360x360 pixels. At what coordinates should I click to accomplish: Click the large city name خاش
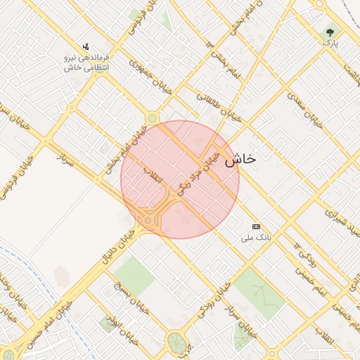click(x=240, y=160)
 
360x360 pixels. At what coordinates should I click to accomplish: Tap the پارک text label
click(x=330, y=44)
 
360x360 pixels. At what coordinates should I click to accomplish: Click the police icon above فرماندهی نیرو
click(x=86, y=46)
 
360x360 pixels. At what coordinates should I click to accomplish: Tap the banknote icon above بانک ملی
click(x=256, y=226)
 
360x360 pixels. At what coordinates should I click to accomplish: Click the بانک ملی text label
click(x=256, y=238)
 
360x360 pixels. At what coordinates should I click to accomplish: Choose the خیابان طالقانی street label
click(x=219, y=107)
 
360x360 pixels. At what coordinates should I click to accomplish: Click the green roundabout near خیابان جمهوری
click(x=152, y=119)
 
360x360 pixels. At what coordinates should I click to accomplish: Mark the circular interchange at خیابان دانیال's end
click(x=149, y=219)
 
